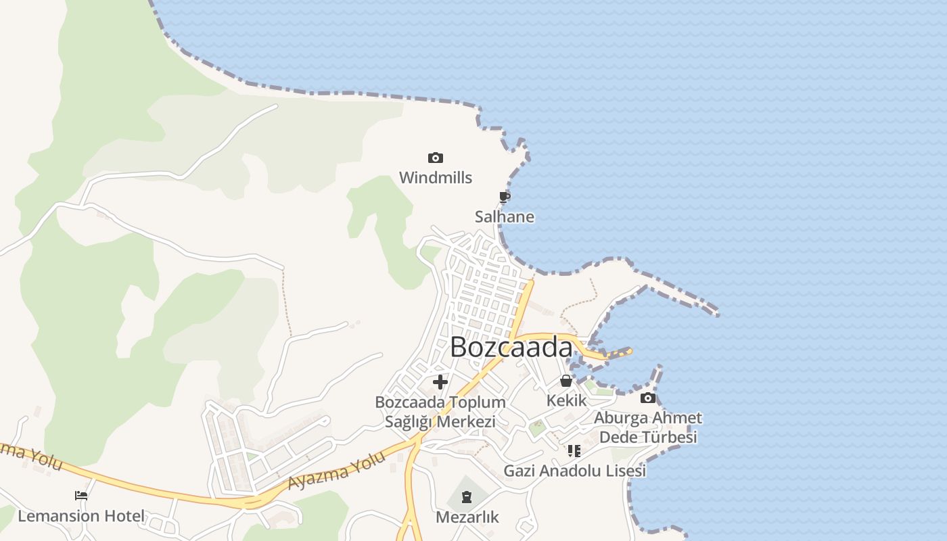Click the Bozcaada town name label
[x=511, y=348]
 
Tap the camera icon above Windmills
[x=436, y=158]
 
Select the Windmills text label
[x=436, y=178]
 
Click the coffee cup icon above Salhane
[x=504, y=197]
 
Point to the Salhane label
[x=504, y=217]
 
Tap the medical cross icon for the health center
[x=440, y=382]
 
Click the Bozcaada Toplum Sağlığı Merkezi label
[x=440, y=412]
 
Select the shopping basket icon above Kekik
[x=566, y=381]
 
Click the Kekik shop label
[x=566, y=400]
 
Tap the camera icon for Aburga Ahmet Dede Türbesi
[x=648, y=398]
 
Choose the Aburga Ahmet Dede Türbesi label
[x=648, y=427]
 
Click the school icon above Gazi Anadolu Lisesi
[x=574, y=450]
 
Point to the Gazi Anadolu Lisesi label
[x=574, y=471]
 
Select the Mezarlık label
[x=467, y=517]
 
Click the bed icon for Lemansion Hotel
[x=81, y=496]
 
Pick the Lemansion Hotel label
[x=81, y=517]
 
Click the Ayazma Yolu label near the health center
[x=336, y=471]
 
